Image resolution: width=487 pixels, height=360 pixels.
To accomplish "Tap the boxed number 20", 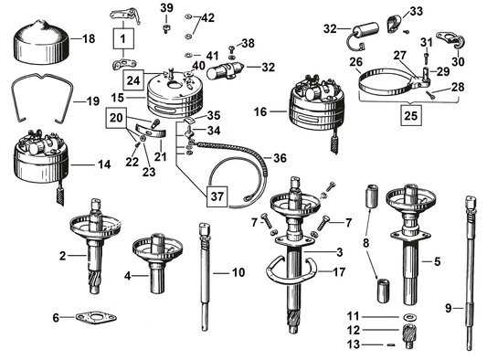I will tap(116, 117).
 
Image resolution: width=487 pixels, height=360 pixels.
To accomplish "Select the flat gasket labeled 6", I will tap(92, 318).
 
